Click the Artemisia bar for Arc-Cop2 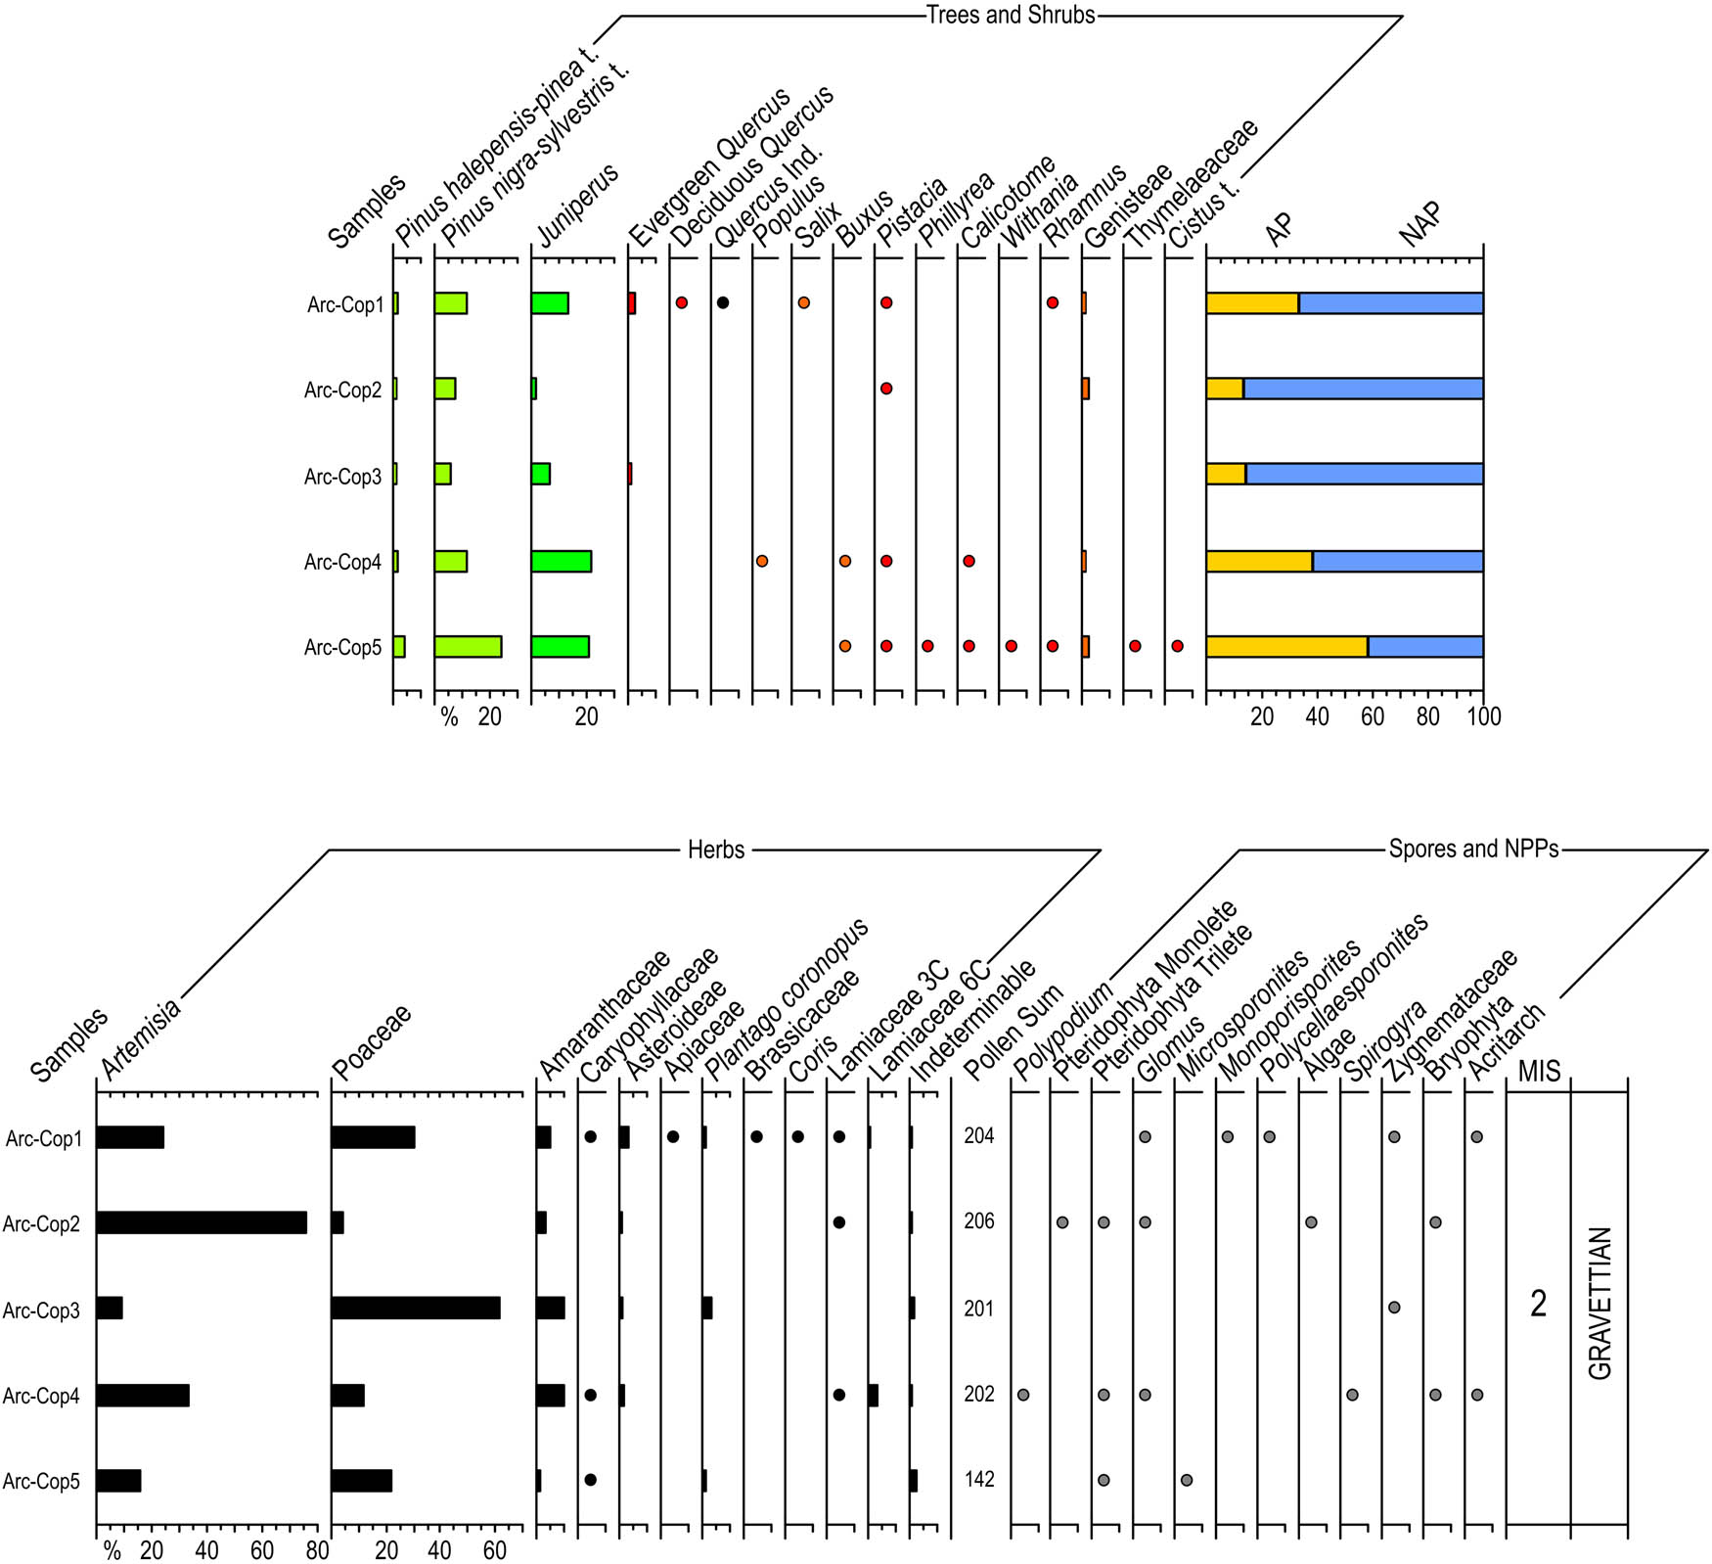click(202, 1222)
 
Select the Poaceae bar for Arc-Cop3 click(416, 1309)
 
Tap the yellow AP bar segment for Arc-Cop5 click(1286, 647)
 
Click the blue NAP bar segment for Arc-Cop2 click(1363, 389)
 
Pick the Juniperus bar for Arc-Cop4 click(561, 562)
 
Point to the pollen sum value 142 click(979, 1480)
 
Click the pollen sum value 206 click(979, 1221)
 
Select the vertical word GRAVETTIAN click(1599, 1304)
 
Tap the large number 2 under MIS click(1538, 1305)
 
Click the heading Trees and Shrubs click(1011, 15)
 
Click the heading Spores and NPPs click(1473, 849)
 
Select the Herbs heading click(716, 850)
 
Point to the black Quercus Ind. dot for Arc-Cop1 click(723, 303)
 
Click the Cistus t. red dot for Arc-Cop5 click(1178, 647)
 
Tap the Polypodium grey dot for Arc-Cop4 click(1023, 1395)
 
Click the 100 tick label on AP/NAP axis click(1483, 717)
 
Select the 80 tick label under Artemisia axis click(317, 1551)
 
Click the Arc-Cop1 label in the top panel click(345, 305)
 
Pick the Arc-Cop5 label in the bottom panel click(41, 1482)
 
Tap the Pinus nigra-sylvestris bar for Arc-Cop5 click(468, 647)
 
